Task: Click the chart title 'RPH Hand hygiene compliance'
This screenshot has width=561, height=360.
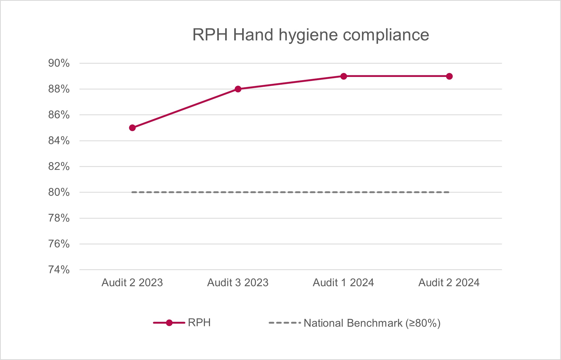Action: [310, 35]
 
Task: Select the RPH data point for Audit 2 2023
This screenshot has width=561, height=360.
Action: [132, 128]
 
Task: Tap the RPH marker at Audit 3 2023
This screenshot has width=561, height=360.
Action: [238, 89]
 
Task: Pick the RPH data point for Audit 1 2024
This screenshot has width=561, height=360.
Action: [344, 76]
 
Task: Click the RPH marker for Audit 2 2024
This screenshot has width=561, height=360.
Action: [449, 76]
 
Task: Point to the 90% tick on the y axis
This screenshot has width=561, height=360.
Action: [59, 63]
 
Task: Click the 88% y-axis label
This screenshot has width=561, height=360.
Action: [59, 89]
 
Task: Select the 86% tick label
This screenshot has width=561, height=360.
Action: [59, 115]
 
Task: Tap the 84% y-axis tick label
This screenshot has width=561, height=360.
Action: [59, 141]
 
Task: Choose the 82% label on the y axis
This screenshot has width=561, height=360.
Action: [59, 167]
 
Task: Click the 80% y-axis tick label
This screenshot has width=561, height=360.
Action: [59, 192]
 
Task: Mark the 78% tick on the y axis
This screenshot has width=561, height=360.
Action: [59, 218]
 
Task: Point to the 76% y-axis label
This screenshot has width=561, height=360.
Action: [59, 244]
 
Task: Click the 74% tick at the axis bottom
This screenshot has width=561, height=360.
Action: [59, 270]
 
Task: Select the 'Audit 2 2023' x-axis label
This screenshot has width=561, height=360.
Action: [132, 283]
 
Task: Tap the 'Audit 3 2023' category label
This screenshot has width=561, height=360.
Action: [238, 283]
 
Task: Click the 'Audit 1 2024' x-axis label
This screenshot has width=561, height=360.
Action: [344, 283]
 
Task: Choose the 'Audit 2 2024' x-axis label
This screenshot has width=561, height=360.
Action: [449, 283]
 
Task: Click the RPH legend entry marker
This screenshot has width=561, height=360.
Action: [169, 323]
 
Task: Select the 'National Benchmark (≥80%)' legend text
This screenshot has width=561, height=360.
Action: [372, 323]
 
